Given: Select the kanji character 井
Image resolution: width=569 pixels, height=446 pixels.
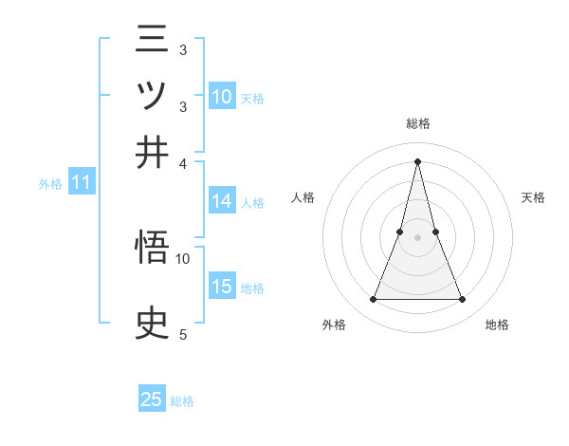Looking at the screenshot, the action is pyautogui.click(x=152, y=152).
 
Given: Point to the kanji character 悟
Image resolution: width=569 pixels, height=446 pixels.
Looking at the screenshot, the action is pyautogui.click(x=152, y=251).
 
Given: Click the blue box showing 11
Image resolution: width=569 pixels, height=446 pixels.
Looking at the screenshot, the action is pyautogui.click(x=81, y=182).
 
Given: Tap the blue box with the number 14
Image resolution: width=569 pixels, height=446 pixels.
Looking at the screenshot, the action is pyautogui.click(x=222, y=201).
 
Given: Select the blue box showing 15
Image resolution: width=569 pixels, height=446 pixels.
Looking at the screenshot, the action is pyautogui.click(x=222, y=287).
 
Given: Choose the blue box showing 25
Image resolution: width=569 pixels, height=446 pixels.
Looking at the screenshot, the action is pyautogui.click(x=152, y=400).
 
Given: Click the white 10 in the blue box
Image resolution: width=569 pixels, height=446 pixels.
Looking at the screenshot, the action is pyautogui.click(x=222, y=96).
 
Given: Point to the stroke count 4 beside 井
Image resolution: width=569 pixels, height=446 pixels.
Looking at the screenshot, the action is pyautogui.click(x=183, y=162).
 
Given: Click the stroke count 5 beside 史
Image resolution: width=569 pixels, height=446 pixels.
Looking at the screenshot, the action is pyautogui.click(x=183, y=334).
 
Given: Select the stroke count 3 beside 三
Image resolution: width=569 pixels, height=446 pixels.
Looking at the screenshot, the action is pyautogui.click(x=183, y=49).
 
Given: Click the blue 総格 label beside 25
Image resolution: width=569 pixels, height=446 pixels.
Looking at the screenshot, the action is pyautogui.click(x=183, y=401).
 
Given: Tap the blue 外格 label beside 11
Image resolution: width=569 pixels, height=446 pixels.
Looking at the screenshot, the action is pyautogui.click(x=49, y=184).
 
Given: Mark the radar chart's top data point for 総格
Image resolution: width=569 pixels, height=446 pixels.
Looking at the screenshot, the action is pyautogui.click(x=418, y=160).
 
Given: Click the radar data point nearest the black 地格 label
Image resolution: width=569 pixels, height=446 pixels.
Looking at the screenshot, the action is pyautogui.click(x=463, y=300).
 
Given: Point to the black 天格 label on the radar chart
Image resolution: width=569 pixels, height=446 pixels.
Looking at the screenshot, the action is pyautogui.click(x=534, y=197).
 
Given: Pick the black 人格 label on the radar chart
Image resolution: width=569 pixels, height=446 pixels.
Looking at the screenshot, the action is pyautogui.click(x=303, y=197).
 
